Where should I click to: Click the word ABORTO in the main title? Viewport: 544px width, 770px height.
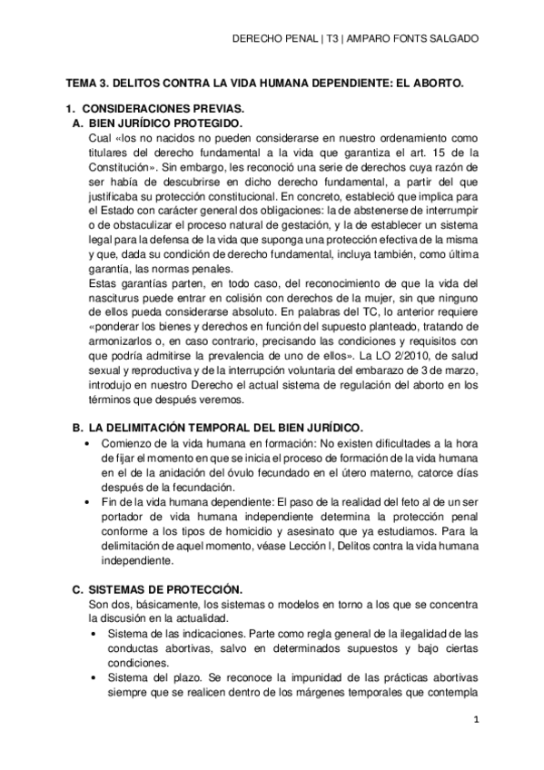click(x=434, y=82)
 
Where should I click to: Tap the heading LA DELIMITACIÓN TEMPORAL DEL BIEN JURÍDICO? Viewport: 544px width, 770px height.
click(x=226, y=427)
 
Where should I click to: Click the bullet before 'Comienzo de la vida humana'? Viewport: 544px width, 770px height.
click(x=86, y=443)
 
